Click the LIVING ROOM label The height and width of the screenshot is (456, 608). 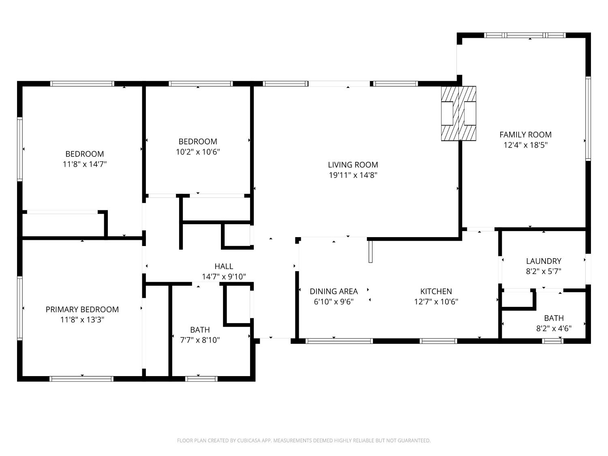click(x=353, y=165)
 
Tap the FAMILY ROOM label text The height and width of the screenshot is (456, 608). click(x=525, y=135)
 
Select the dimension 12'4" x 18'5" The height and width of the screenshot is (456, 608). click(x=525, y=145)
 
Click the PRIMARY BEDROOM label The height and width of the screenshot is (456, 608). click(x=82, y=309)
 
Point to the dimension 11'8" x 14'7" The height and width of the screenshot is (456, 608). click(x=85, y=164)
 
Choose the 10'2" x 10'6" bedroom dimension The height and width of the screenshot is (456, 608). click(x=198, y=152)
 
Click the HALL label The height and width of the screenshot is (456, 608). click(x=224, y=266)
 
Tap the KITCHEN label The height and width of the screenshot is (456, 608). click(x=436, y=291)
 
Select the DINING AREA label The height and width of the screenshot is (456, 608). click(x=334, y=291)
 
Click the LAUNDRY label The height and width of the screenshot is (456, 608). click(x=544, y=261)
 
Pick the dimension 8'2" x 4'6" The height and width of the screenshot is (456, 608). click(x=554, y=328)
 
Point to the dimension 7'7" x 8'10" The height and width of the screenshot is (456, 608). click(x=200, y=340)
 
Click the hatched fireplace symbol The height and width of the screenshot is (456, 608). click(x=458, y=113)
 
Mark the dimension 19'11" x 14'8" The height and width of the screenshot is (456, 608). click(x=353, y=175)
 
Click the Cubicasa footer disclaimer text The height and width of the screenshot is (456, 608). click(x=304, y=440)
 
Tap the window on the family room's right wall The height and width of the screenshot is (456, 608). click(x=588, y=118)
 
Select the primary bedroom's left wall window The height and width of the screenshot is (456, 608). click(x=19, y=308)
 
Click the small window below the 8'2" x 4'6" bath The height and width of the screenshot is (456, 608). click(x=552, y=341)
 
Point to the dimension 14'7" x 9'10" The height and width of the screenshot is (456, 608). click(x=224, y=277)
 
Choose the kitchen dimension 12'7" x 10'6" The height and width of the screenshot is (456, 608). click(x=436, y=302)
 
